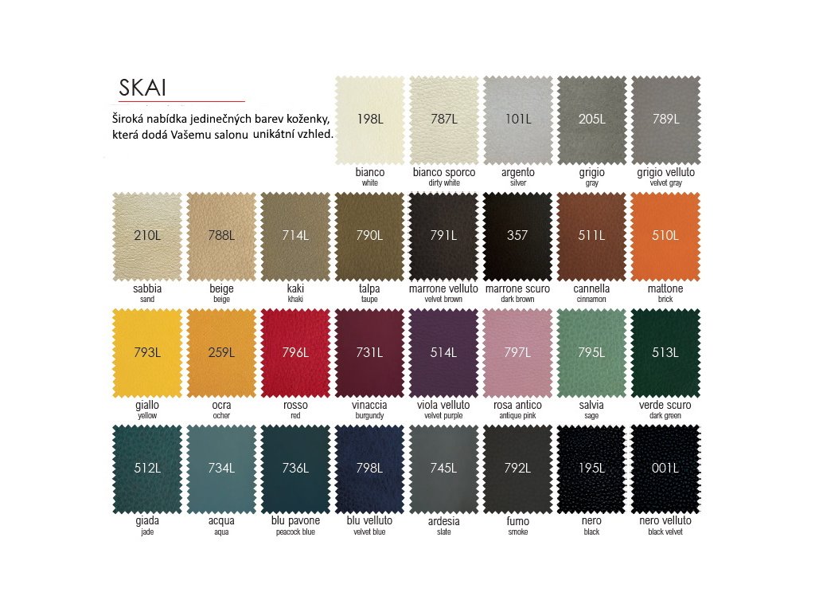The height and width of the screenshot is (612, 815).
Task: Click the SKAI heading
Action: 142,87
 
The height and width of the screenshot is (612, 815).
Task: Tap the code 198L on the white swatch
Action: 370,120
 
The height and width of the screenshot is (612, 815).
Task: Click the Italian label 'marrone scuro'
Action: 517,288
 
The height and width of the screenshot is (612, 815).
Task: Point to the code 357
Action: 517,236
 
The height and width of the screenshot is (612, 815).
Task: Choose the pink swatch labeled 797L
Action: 517,352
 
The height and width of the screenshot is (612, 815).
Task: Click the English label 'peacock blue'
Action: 295,532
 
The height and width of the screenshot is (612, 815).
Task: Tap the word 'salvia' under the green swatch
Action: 591,405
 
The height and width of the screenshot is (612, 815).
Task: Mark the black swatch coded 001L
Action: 665,469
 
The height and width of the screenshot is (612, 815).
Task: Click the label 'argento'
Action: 517,172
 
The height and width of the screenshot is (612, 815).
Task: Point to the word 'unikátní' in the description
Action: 275,135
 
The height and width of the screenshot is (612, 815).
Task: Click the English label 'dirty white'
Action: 444,183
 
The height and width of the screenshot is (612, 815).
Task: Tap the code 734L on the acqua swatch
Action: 221,469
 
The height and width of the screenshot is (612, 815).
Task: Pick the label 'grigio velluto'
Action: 665,172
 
